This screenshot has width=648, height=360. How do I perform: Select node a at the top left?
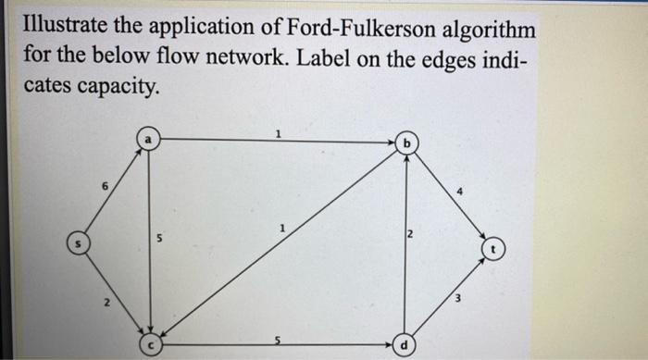click(x=147, y=139)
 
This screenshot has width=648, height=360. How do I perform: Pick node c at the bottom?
click(x=151, y=346)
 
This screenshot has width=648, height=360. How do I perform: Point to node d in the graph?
click(x=405, y=347)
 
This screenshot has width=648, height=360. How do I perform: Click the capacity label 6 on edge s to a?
click(x=104, y=185)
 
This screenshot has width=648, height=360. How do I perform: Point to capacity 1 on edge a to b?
click(x=278, y=133)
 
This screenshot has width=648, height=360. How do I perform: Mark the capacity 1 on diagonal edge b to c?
click(x=285, y=227)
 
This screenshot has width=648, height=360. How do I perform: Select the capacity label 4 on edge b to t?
click(x=458, y=192)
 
